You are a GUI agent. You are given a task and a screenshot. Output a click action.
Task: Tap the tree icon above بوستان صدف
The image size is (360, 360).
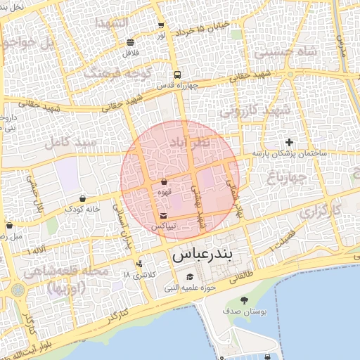244,301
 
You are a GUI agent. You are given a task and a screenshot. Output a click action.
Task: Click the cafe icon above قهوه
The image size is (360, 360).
164,181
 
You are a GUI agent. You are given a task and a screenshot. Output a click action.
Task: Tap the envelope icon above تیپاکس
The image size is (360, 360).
164,215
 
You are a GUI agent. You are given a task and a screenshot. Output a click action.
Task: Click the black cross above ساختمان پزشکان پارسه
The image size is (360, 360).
289,142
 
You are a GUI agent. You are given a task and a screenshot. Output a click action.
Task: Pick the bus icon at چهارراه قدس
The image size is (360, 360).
176,75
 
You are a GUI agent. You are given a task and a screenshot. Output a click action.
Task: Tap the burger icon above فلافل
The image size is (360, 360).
131,42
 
